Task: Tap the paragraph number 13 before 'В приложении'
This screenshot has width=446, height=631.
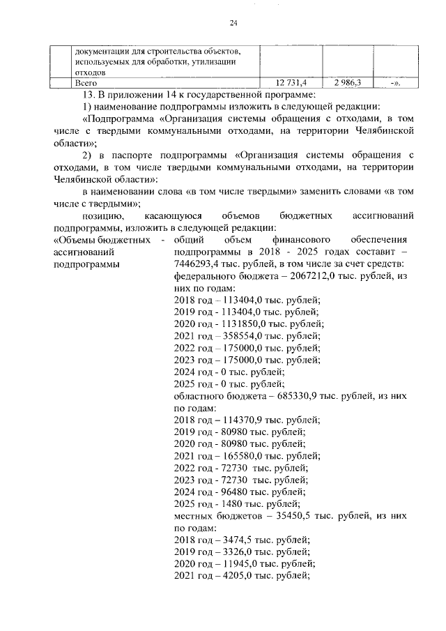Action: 87,95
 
